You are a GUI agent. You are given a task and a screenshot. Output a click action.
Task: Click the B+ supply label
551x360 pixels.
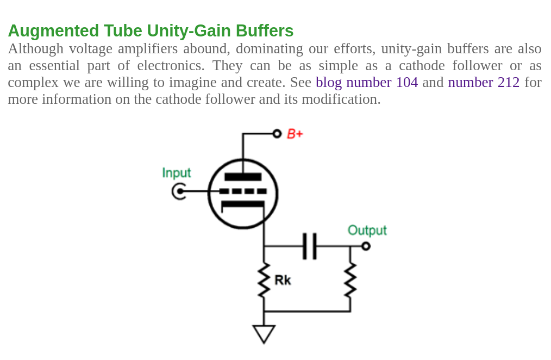pos(295,134)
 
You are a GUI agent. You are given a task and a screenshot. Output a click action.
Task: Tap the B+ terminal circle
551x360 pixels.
pos(277,134)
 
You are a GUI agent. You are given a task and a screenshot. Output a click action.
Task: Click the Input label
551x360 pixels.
pos(177,172)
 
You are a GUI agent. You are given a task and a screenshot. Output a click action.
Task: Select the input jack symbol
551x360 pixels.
pos(179,191)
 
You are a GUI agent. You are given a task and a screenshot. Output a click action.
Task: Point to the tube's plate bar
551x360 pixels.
pos(243,177)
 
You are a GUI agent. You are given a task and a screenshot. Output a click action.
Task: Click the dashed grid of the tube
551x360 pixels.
pos(243,191)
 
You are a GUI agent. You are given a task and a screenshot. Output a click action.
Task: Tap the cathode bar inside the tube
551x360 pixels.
pos(243,204)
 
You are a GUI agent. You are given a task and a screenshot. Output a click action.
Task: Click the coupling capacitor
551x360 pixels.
pos(310,246)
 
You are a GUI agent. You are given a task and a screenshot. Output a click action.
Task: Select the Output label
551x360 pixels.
pos(367,230)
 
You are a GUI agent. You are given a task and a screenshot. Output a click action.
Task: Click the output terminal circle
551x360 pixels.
pos(366,246)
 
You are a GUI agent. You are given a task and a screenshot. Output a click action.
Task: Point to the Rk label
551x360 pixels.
pos(283,280)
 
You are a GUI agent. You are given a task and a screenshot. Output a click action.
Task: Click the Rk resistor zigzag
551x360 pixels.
pos(264,280)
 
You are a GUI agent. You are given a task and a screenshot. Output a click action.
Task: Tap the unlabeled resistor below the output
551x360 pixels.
pos(350,280)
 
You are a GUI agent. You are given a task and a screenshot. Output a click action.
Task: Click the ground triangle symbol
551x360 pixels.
pos(264,334)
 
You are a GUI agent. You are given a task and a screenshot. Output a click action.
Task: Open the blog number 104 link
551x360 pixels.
pos(367,82)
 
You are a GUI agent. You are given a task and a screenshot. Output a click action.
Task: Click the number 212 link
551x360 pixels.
pos(484,82)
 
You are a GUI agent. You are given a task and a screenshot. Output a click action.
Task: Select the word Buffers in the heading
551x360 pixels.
pos(265,30)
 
